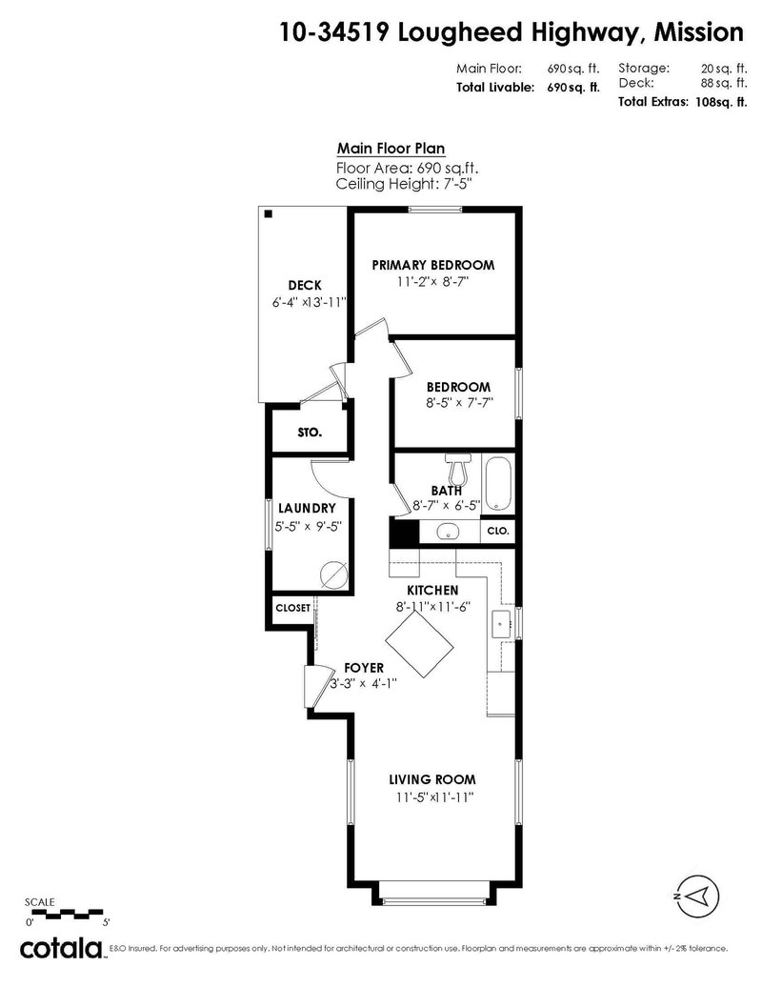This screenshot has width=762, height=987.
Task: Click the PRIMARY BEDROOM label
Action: [432, 265]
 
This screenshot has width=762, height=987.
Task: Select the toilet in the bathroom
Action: [460, 470]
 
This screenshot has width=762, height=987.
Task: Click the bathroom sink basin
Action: [447, 532]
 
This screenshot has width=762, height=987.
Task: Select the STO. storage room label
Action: [309, 432]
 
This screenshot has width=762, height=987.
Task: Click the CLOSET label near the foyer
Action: [292, 608]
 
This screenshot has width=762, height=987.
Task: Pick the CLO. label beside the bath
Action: [498, 531]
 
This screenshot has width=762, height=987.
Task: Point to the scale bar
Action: [67, 913]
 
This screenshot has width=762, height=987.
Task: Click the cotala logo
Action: [62, 948]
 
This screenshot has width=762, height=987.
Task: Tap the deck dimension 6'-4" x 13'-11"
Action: [308, 302]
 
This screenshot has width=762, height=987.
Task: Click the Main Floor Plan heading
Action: [391, 149]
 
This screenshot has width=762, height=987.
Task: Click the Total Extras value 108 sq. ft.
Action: [719, 101]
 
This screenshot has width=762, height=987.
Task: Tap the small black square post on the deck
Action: [269, 214]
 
